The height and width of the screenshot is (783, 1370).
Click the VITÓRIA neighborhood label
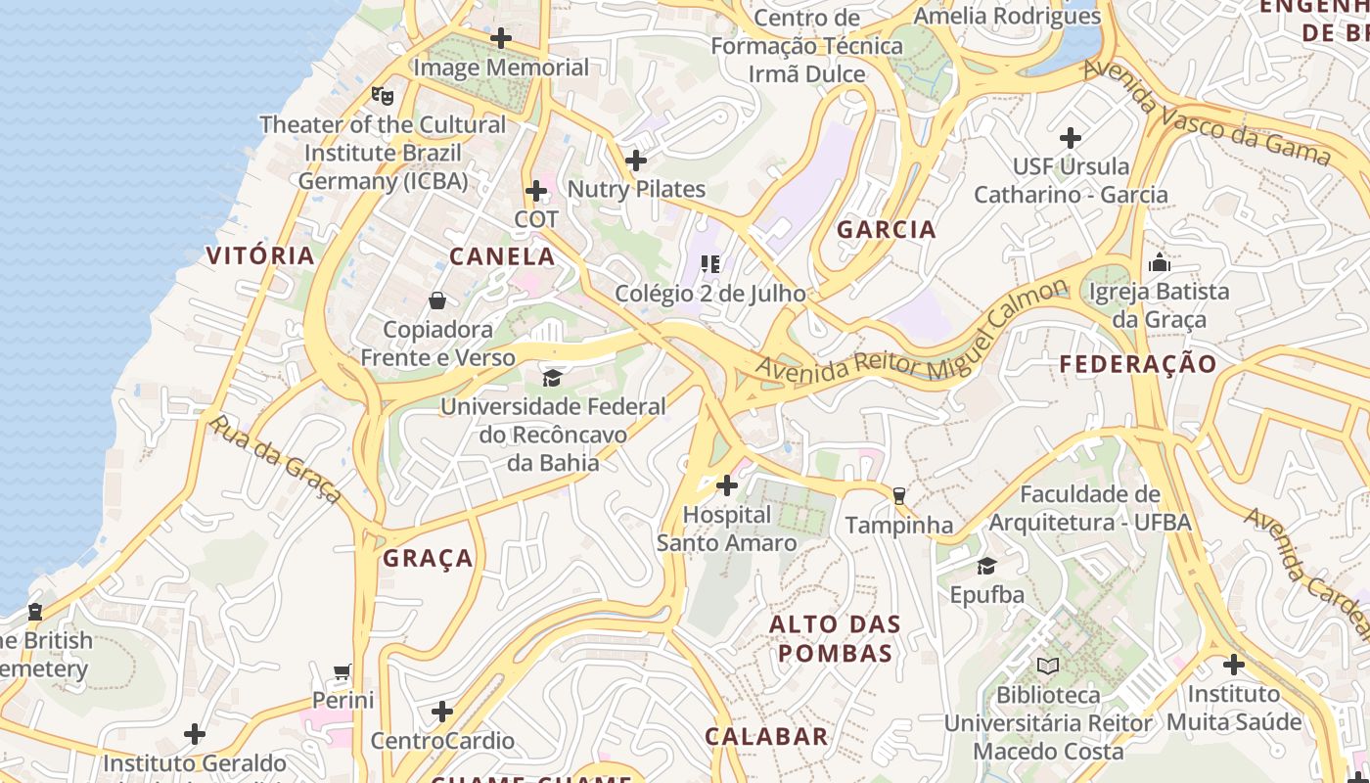[260, 256]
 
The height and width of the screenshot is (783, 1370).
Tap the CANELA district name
[502, 257]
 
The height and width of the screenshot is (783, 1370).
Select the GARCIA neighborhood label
[887, 230]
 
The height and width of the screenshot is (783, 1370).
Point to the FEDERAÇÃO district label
[1139, 364]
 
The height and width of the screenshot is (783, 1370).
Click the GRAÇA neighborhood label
[429, 559]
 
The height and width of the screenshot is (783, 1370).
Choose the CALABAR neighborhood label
[767, 737]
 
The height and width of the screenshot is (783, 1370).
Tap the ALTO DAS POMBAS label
[835, 639]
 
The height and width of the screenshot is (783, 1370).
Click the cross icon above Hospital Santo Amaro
[727, 485]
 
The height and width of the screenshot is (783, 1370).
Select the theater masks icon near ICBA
[383, 96]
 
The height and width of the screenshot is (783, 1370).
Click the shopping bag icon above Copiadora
[436, 300]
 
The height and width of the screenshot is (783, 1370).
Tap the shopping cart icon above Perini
[342, 672]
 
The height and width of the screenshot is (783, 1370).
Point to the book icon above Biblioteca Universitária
[1048, 667]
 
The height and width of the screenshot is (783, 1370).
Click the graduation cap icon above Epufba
[986, 567]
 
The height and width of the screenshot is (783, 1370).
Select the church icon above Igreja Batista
[1160, 262]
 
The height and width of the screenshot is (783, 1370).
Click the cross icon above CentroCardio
[442, 712]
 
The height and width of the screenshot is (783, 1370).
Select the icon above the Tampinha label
[899, 496]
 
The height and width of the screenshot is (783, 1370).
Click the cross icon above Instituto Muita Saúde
[1234, 666]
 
